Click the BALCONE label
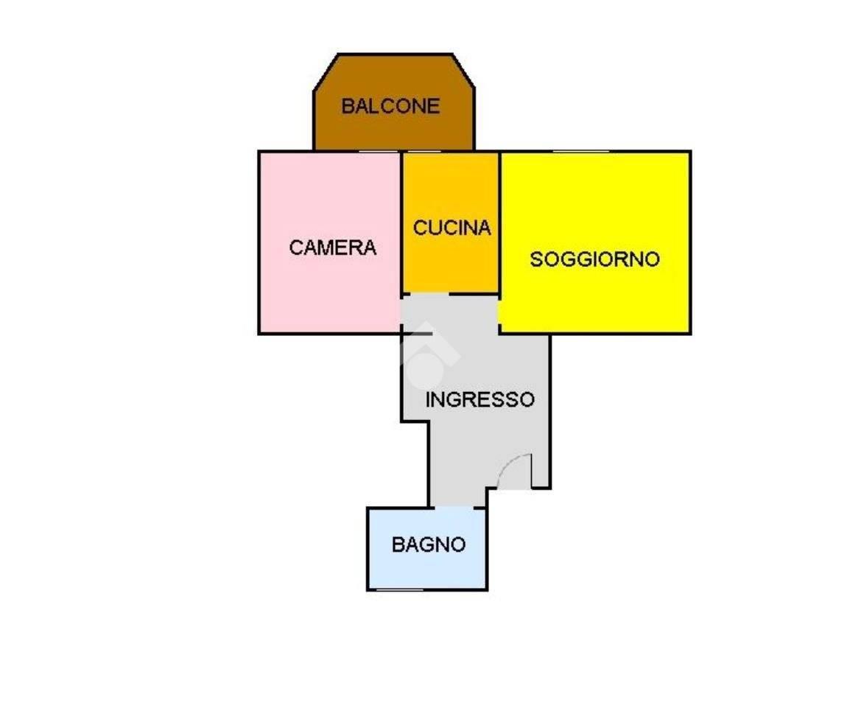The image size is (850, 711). [390, 106]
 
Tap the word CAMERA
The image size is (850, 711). [332, 248]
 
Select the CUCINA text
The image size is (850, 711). [452, 227]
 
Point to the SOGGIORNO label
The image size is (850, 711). [594, 259]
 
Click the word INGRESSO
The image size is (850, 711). [480, 399]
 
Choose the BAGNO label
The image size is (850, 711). [428, 544]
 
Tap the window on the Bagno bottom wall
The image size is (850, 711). [399, 589]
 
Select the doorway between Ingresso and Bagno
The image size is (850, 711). [455, 508]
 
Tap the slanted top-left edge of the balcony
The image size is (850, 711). [326, 72]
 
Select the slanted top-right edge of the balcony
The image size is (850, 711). [463, 71]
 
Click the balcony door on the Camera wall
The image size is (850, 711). [379, 151]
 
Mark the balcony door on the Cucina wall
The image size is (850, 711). [424, 151]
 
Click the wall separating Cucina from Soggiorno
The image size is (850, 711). [499, 223]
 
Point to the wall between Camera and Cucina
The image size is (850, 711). [401, 223]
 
